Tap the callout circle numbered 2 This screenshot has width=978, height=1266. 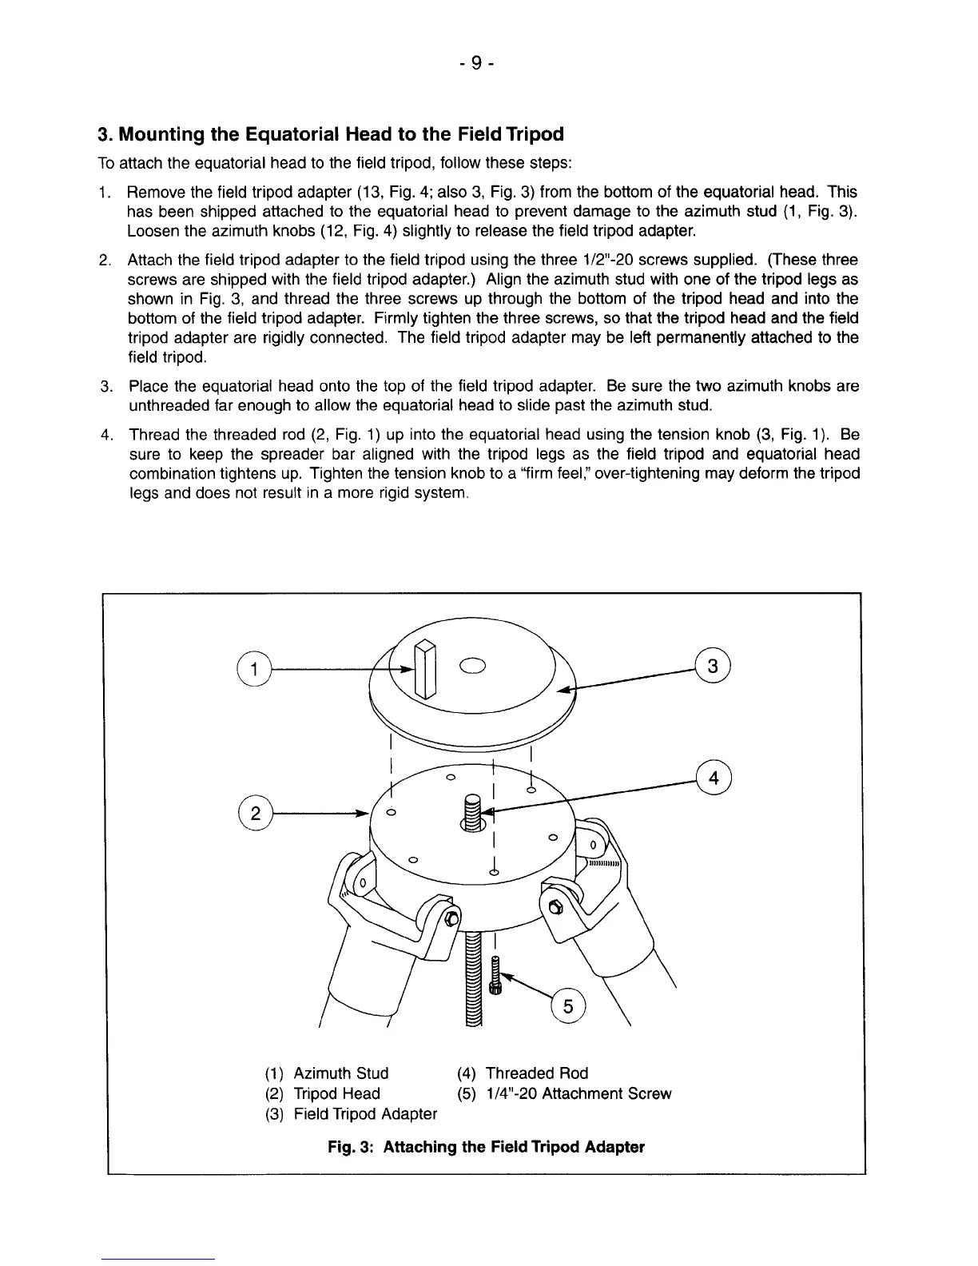click(255, 814)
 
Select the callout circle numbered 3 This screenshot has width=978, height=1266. click(714, 666)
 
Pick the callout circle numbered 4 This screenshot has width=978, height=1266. click(714, 779)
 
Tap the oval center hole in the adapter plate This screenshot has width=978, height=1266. click(472, 665)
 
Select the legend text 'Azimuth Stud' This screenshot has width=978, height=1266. click(340, 1073)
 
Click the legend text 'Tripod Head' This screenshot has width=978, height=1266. click(336, 1093)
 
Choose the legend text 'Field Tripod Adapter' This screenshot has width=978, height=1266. click(365, 1114)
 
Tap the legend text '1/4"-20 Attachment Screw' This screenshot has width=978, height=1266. click(578, 1093)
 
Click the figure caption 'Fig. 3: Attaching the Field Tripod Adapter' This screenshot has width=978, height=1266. click(486, 1147)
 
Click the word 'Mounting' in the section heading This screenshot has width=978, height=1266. click(158, 133)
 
